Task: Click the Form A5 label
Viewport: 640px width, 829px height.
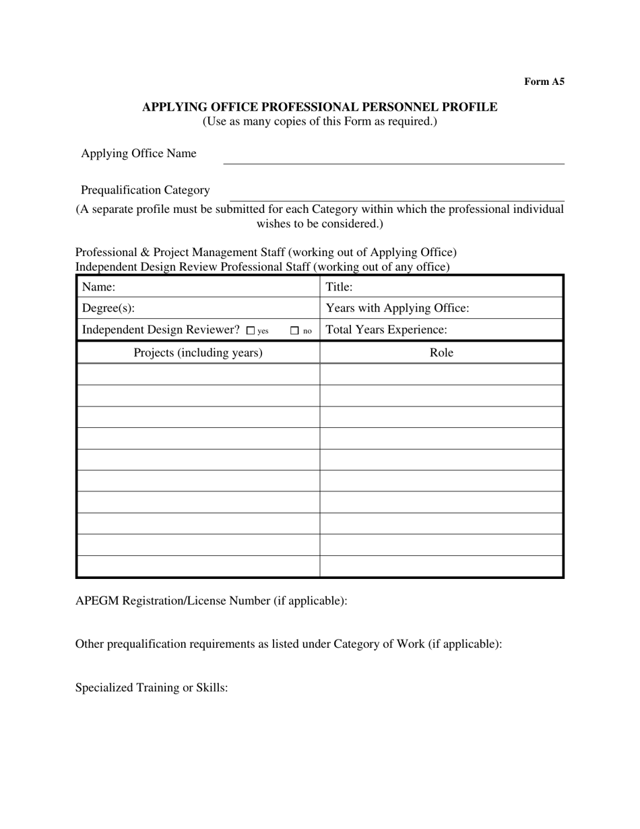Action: click(x=544, y=82)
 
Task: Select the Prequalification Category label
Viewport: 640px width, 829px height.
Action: click(x=145, y=190)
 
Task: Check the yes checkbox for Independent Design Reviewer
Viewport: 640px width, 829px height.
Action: click(x=251, y=331)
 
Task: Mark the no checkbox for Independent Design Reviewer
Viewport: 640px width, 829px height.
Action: click(x=294, y=331)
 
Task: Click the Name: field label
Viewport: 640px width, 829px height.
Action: click(x=98, y=287)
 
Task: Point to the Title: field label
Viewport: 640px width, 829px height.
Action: click(x=339, y=287)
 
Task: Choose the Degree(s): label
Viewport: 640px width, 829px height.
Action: click(x=108, y=309)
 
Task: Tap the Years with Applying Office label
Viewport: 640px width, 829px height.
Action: click(x=397, y=309)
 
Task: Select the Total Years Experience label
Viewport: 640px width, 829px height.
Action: click(x=386, y=330)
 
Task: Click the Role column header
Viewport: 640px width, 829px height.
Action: click(x=441, y=352)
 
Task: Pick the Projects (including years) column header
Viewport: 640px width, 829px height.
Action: click(x=198, y=352)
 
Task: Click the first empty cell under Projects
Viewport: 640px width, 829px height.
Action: click(x=198, y=374)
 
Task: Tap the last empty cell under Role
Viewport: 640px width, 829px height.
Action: click(x=441, y=566)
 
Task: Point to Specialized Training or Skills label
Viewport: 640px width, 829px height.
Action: click(x=152, y=688)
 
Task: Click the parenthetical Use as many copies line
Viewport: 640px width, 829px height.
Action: click(x=319, y=122)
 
